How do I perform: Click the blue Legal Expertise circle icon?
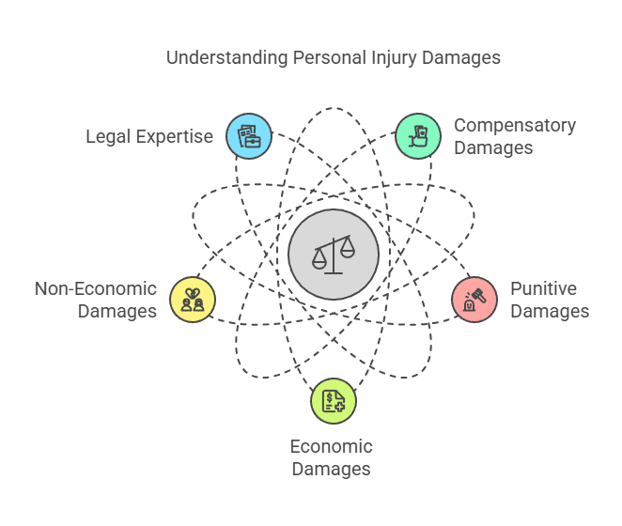[249, 136]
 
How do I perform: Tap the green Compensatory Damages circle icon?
[418, 136]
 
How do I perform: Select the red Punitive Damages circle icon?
[474, 300]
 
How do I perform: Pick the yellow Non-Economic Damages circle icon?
[193, 300]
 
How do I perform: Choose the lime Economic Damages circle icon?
[334, 401]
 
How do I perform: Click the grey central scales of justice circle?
[334, 255]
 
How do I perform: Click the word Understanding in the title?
[226, 58]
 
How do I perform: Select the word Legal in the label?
[108, 137]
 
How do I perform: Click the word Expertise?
[175, 137]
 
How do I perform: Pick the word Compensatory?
[515, 126]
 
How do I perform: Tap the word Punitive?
[543, 288]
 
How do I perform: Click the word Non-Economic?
[96, 288]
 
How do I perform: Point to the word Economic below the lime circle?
[332, 447]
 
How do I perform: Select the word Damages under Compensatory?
[493, 148]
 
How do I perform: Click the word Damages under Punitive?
[550, 312]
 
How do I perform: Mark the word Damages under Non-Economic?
[117, 312]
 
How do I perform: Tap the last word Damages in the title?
[461, 58]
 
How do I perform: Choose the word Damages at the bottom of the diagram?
[332, 470]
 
